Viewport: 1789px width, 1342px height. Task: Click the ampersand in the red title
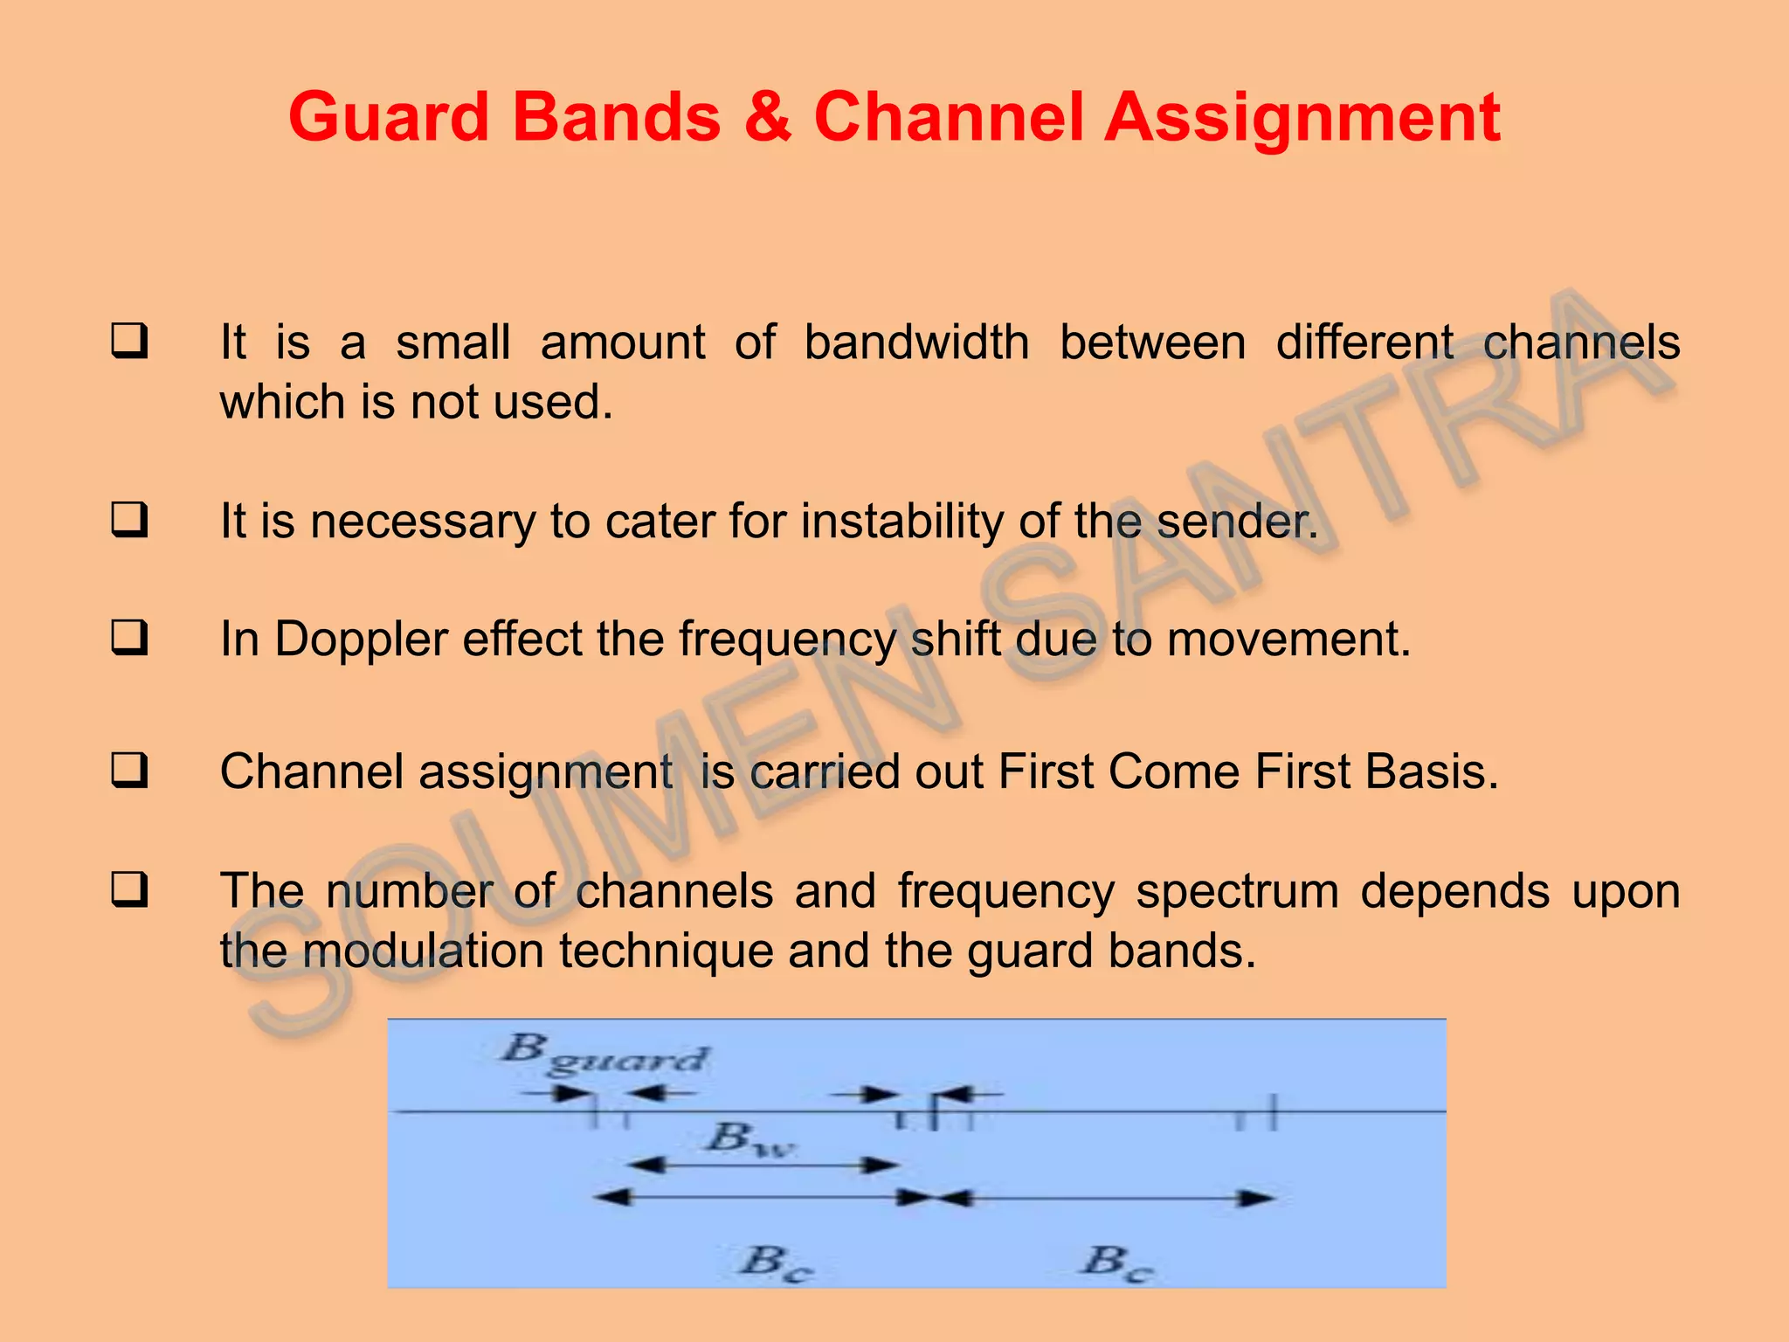click(768, 117)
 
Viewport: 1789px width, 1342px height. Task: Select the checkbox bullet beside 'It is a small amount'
click(129, 341)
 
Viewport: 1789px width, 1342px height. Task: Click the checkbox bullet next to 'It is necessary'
click(129, 520)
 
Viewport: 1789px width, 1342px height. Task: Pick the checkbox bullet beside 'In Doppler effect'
click(129, 638)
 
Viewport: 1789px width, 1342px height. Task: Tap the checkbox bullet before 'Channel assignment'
click(129, 771)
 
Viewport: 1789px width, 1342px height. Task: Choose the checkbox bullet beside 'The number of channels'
click(129, 889)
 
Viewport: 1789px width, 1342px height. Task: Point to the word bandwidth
click(916, 342)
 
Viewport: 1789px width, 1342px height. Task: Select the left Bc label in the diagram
click(776, 1262)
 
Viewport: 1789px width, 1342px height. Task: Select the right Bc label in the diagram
click(1117, 1262)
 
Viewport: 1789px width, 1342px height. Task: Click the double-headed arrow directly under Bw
click(762, 1166)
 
